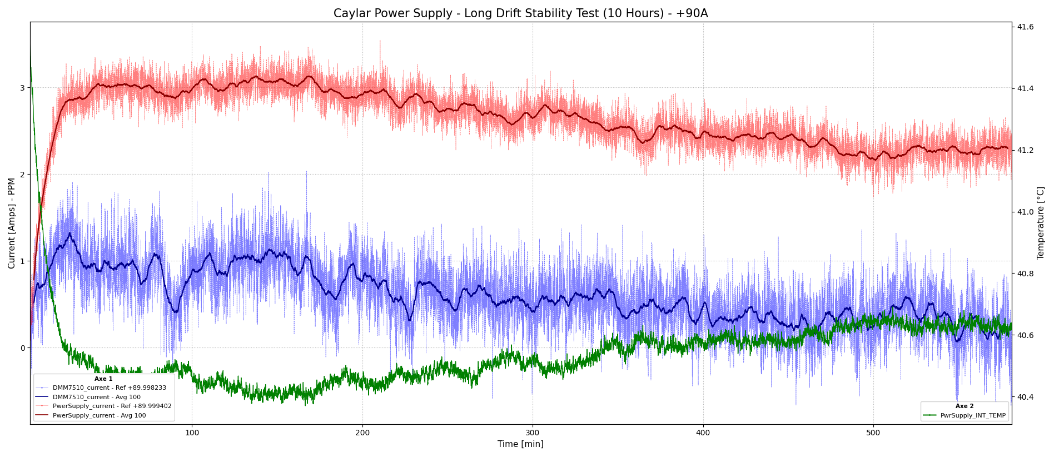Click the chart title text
[x=520, y=13]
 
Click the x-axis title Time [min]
[x=520, y=444]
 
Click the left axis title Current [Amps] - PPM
[x=12, y=223]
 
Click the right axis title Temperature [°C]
[x=1041, y=223]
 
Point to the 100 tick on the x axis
[x=192, y=433]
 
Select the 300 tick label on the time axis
[x=533, y=433]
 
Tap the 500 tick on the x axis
[x=873, y=433]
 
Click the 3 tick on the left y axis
[x=23, y=88]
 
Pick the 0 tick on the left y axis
[x=23, y=348]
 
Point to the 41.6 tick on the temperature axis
[x=1025, y=27]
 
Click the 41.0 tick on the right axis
[x=1025, y=212]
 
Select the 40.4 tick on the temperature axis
[x=1025, y=397]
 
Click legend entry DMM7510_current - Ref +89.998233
[x=109, y=388]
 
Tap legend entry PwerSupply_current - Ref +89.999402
[x=112, y=406]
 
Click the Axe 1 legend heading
[x=103, y=379]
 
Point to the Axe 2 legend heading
[x=964, y=406]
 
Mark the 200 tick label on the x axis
[x=362, y=433]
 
